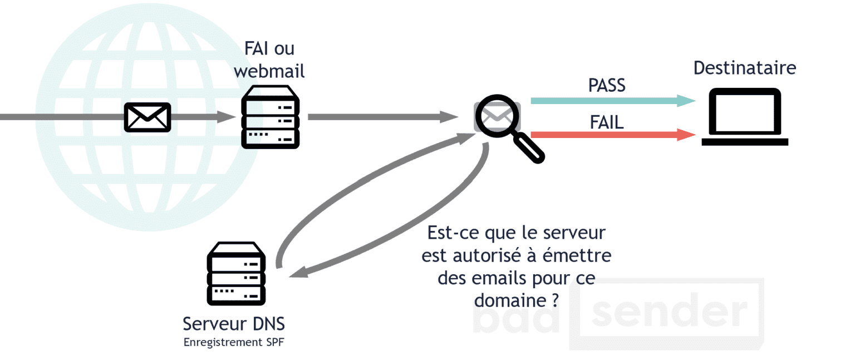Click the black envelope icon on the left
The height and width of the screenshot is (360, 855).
click(147, 117)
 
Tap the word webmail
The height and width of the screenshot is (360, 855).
click(269, 71)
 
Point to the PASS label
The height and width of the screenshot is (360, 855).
click(607, 85)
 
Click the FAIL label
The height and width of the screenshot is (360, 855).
click(607, 121)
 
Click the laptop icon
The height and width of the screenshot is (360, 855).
click(745, 117)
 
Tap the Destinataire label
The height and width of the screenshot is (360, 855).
click(744, 68)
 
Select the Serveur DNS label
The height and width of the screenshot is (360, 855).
click(234, 324)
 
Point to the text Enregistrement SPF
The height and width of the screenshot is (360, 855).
click(233, 342)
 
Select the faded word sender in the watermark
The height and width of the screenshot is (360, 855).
click(668, 313)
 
